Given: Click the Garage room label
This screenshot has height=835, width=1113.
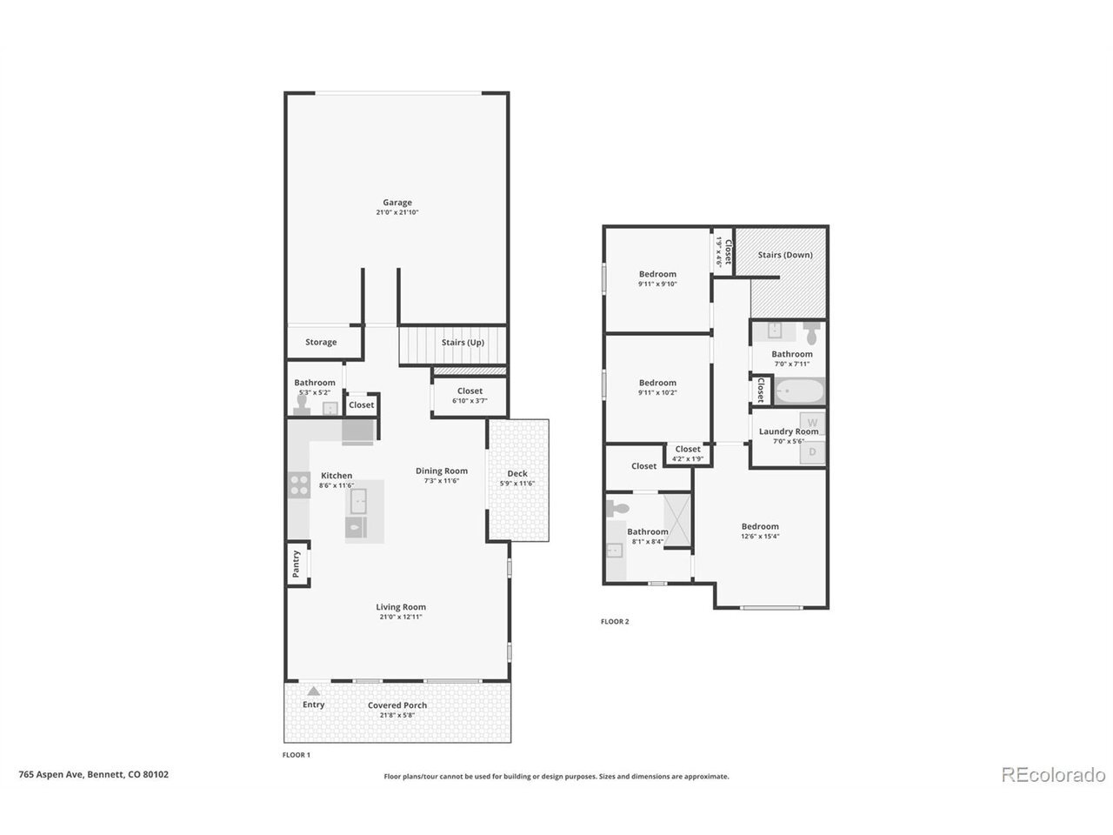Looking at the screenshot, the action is point(397,203).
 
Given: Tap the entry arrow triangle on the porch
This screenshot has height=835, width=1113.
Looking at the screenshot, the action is point(313,691).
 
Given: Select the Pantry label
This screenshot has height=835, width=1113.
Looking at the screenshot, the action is point(296,564).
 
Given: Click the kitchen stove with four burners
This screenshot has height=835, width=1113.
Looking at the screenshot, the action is point(299,484).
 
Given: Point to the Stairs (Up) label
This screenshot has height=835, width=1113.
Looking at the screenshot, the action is point(463,342).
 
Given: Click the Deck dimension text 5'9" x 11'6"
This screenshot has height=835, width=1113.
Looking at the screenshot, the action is point(517,483).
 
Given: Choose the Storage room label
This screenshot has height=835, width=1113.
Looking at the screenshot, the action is point(321,342).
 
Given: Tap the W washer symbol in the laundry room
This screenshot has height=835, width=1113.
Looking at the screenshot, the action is point(812,423).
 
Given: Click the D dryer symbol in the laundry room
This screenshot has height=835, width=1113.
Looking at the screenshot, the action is point(812,451).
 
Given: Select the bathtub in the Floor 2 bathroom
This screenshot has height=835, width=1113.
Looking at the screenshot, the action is point(799,391).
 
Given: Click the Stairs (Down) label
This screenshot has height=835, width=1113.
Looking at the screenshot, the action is point(785,255).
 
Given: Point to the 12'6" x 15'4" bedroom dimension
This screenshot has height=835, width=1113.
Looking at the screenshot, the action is point(760,536).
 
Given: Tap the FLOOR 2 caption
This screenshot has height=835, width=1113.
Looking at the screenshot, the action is point(615,621).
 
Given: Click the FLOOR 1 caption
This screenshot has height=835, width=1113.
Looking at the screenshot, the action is point(297,754).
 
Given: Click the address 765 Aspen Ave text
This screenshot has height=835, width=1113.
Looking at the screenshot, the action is point(50,774).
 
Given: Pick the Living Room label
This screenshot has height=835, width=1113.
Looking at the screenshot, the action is point(401,607).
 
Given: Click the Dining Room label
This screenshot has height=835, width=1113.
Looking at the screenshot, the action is point(442,471).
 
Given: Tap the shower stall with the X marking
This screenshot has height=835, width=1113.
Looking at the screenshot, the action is point(676,521).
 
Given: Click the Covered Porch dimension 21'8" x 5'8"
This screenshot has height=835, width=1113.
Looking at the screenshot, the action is point(397,715).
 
